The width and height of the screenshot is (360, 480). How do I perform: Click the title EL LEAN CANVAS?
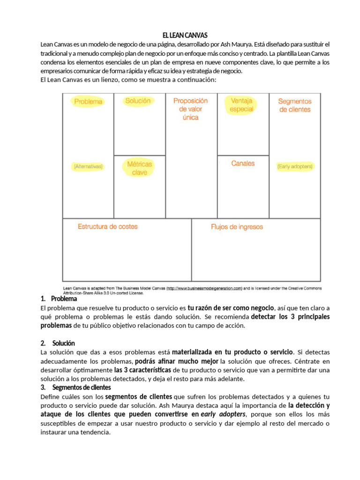[x=185, y=36]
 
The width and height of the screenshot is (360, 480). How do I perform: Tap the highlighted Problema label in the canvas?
[x=88, y=101]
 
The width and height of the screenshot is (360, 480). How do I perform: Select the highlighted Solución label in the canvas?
[x=138, y=101]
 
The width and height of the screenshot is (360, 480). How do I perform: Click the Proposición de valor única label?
[x=190, y=109]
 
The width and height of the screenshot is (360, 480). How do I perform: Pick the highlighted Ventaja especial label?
[x=241, y=105]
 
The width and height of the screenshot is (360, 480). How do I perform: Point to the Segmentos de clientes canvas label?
[x=294, y=105]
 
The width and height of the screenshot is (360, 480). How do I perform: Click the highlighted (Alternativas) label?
[x=88, y=166]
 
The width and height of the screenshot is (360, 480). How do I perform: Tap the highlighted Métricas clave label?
[x=139, y=168]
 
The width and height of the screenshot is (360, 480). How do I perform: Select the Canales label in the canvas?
[x=243, y=164]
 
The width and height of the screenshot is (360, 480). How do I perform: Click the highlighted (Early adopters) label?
[x=295, y=166]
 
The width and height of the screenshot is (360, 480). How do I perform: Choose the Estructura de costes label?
[x=108, y=226]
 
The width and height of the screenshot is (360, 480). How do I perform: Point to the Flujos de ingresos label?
[x=237, y=227]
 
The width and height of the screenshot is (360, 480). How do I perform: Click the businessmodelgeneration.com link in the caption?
[x=204, y=289]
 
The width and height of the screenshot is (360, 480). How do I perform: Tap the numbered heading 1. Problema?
[x=59, y=299]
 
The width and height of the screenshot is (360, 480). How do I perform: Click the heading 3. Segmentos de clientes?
[x=76, y=387]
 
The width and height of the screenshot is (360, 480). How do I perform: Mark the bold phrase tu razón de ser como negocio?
[x=231, y=307]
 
